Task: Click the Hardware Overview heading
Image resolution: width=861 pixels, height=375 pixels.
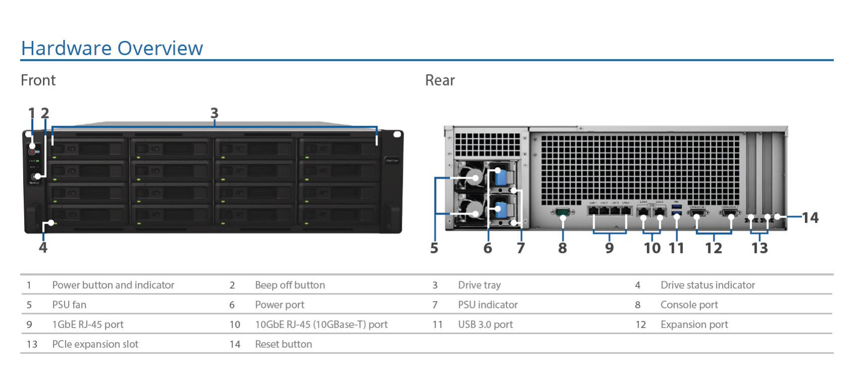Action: point(112,48)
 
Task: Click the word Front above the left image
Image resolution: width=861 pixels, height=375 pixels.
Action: point(38,80)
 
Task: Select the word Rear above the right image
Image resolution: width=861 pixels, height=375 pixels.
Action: point(440,80)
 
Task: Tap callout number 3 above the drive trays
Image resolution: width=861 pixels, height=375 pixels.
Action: point(214,113)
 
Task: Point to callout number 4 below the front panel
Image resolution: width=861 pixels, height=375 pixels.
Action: point(43,247)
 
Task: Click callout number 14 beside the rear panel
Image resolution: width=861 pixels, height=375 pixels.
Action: point(810,218)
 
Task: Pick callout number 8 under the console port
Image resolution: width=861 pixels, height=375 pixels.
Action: point(562,248)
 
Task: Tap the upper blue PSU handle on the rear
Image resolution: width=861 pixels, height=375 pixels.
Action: point(501,178)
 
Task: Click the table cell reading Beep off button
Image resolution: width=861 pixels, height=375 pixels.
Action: point(290,285)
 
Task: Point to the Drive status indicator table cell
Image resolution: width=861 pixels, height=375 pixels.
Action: point(707,285)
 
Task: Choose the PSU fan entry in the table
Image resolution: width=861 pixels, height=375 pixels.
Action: point(69,305)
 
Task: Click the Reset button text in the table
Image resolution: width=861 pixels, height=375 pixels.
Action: point(283,344)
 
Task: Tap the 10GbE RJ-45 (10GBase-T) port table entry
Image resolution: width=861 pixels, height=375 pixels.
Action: point(321,325)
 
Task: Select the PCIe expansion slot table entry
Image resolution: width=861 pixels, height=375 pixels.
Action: point(95,344)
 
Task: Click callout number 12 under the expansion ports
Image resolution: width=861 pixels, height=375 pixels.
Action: point(713,248)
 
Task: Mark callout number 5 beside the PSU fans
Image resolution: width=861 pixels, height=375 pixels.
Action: point(434,248)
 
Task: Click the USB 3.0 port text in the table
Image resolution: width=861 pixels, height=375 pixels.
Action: point(485,325)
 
